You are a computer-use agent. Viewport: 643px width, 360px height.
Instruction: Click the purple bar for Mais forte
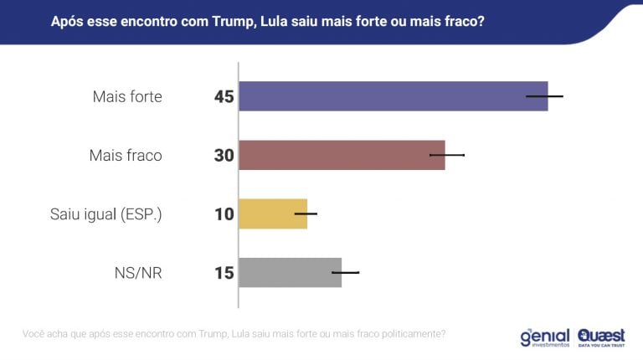point(393,96)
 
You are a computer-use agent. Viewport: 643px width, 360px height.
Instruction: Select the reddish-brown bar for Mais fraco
point(342,155)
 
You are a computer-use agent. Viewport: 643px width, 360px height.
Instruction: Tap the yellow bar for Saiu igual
point(273,213)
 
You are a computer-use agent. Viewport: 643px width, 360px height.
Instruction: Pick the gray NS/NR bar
point(290,272)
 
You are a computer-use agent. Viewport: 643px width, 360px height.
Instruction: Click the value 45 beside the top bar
point(224,97)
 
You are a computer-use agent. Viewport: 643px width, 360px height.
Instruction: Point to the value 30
point(224,156)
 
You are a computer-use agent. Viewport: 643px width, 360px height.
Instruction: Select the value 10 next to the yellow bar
point(224,214)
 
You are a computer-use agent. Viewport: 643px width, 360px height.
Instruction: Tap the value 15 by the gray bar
point(224,273)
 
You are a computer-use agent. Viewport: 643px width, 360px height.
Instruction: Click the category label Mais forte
point(127,97)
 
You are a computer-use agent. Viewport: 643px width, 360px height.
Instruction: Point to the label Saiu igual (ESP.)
point(106,214)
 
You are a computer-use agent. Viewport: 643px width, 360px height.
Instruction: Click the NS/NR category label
point(137,273)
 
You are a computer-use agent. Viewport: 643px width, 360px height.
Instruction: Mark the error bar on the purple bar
point(544,96)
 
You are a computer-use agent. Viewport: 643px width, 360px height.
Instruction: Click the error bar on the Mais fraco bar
point(447,155)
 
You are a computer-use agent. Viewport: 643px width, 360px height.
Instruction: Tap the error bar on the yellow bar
point(306,213)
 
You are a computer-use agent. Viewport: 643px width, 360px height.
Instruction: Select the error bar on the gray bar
point(346,272)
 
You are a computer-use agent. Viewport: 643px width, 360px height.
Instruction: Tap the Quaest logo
point(601,336)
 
